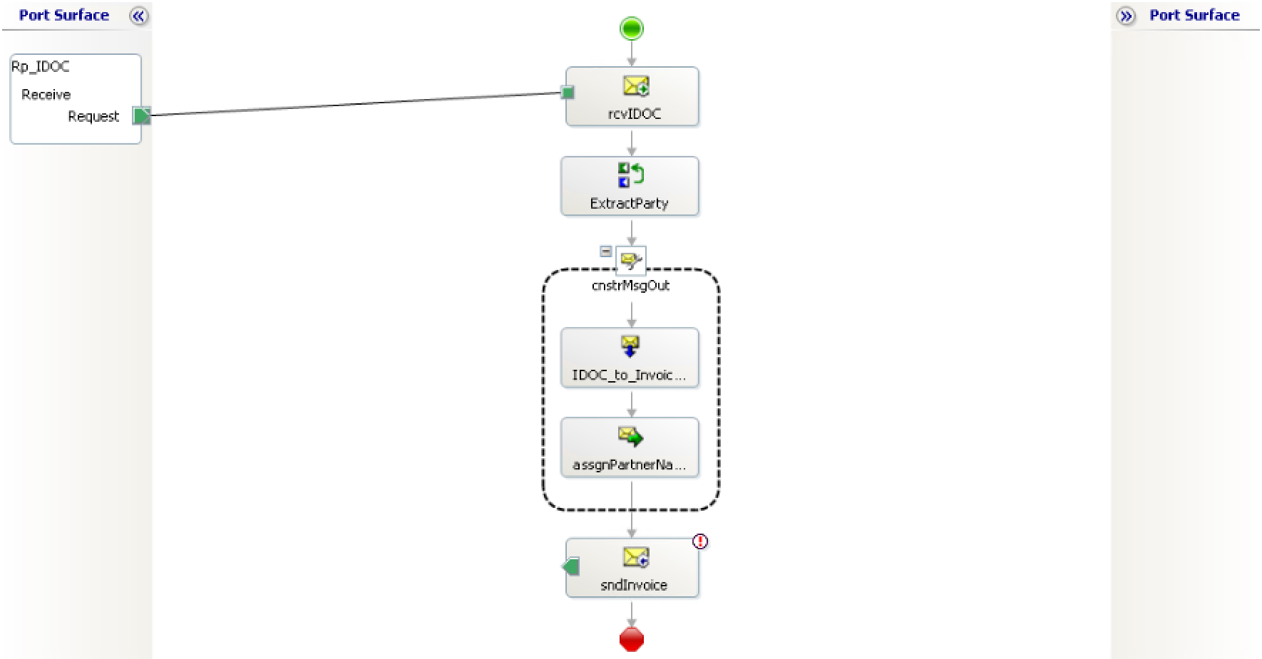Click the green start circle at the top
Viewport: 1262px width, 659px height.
[632, 28]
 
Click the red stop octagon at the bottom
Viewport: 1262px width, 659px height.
[632, 639]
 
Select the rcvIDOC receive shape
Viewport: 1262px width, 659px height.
[632, 97]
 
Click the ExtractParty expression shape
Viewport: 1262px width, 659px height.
[630, 187]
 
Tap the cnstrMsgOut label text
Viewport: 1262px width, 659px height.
[630, 286]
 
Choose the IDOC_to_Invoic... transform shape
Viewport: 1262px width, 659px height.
[630, 358]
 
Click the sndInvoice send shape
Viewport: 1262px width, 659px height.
[632, 569]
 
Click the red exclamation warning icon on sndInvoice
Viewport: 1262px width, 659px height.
[700, 541]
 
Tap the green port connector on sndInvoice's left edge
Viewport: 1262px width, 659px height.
[570, 566]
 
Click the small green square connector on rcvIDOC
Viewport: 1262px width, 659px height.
[568, 92]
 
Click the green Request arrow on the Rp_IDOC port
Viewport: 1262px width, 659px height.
[142, 115]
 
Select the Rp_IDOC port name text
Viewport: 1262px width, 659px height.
[41, 66]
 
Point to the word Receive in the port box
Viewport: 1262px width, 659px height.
[46, 95]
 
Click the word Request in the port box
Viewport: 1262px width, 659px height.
[93, 116]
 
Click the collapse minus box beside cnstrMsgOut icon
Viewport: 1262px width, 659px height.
[605, 251]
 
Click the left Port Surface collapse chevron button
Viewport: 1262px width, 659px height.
[138, 16]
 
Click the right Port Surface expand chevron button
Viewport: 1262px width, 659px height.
[1126, 16]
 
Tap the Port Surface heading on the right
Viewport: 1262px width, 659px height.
[1194, 15]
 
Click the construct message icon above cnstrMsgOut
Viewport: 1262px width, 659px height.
[630, 261]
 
